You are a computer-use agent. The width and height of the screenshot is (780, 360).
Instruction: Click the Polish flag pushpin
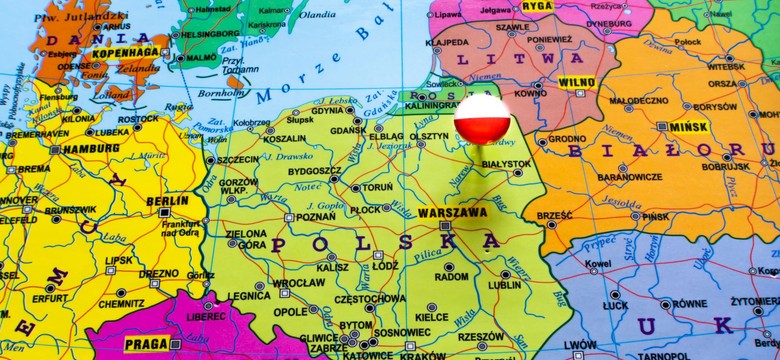(482, 118)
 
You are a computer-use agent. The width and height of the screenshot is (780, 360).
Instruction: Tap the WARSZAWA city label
(451, 212)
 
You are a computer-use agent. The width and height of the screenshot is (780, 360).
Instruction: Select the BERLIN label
(168, 200)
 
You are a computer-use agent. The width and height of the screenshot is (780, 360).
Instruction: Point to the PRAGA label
(145, 344)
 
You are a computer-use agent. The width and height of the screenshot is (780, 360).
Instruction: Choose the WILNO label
(576, 82)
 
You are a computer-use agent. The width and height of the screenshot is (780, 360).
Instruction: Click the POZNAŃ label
(316, 217)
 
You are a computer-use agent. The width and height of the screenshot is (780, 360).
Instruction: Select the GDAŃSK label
(348, 130)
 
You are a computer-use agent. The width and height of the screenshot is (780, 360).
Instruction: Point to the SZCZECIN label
(237, 159)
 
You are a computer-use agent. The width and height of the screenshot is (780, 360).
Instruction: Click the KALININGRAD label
(432, 105)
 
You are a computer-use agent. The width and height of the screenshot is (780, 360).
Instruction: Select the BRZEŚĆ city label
(554, 215)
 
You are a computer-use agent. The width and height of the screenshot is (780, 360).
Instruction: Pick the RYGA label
(537, 6)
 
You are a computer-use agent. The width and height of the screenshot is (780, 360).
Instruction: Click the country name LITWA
(491, 59)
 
